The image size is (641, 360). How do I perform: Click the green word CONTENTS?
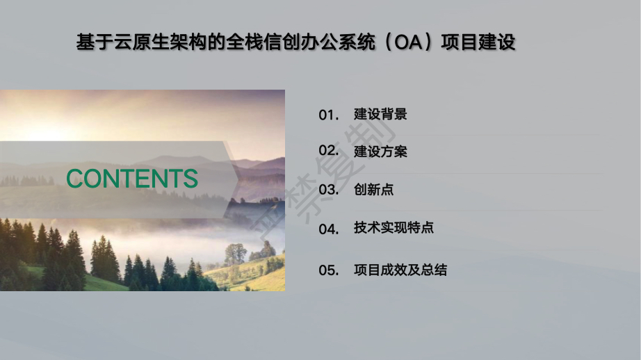[x=132, y=179]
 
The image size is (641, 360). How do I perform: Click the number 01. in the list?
[x=329, y=115]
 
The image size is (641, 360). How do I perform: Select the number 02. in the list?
[x=329, y=151]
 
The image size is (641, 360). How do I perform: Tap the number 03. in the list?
[x=329, y=190]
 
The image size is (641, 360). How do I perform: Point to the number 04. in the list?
[x=329, y=229]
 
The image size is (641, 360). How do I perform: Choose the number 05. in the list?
[x=329, y=270]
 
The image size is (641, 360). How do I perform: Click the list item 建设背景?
[x=380, y=115]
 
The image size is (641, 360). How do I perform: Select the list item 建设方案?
[x=380, y=152]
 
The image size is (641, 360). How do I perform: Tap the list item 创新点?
[x=373, y=190]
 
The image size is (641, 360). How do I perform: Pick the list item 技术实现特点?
[x=393, y=227]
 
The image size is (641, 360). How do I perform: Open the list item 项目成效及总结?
[x=400, y=270]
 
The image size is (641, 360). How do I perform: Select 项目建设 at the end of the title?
[x=478, y=42]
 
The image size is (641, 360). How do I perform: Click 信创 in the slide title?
[x=282, y=42]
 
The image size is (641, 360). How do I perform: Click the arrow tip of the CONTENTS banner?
[x=240, y=179]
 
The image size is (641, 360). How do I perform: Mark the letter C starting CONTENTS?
[x=75, y=179]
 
